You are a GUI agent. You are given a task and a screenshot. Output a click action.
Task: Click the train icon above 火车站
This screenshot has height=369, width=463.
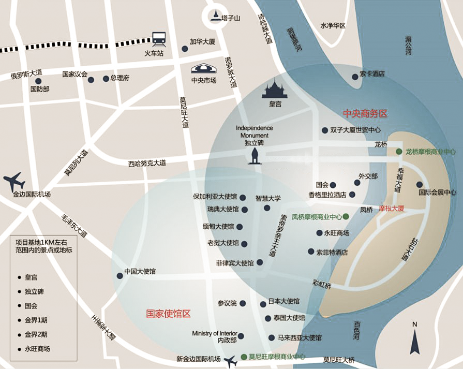tap(158, 38)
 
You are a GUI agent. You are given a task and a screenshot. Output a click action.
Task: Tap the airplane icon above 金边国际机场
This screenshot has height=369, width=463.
tap(14, 181)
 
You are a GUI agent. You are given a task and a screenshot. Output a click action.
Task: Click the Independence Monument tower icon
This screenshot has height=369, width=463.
tap(254, 156)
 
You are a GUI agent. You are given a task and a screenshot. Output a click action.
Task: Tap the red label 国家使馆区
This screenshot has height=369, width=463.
tap(169, 313)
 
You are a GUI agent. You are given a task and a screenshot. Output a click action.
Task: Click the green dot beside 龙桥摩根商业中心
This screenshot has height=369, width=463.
tap(399, 152)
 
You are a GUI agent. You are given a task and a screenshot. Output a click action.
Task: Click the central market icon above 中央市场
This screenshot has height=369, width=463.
tap(204, 69)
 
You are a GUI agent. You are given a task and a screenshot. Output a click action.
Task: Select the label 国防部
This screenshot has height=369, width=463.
tap(40, 89)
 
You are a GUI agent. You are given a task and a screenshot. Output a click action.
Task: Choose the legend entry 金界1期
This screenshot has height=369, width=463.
tap(36, 320)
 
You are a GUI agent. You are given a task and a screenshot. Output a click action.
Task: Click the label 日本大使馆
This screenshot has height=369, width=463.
tap(284, 301)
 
